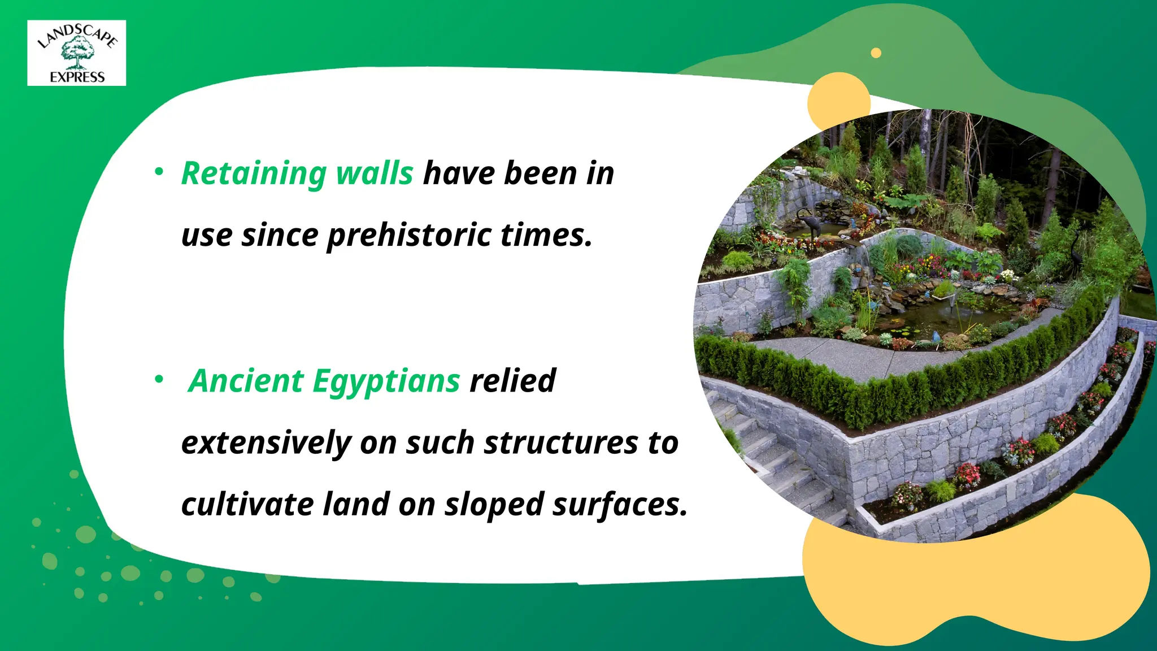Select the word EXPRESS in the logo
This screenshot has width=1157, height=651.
[x=77, y=77]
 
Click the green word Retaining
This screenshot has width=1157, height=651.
[x=254, y=173]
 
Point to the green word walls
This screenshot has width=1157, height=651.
[x=375, y=173]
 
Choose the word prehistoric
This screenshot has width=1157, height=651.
[x=408, y=236]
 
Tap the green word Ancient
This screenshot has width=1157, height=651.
[x=246, y=381]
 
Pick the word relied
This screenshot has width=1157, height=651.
[x=512, y=380]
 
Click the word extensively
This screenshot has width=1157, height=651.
[x=266, y=443]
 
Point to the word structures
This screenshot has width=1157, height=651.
[x=561, y=443]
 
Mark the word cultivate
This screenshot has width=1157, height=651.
[x=247, y=505]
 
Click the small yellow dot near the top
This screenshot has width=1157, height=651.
[x=876, y=53]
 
